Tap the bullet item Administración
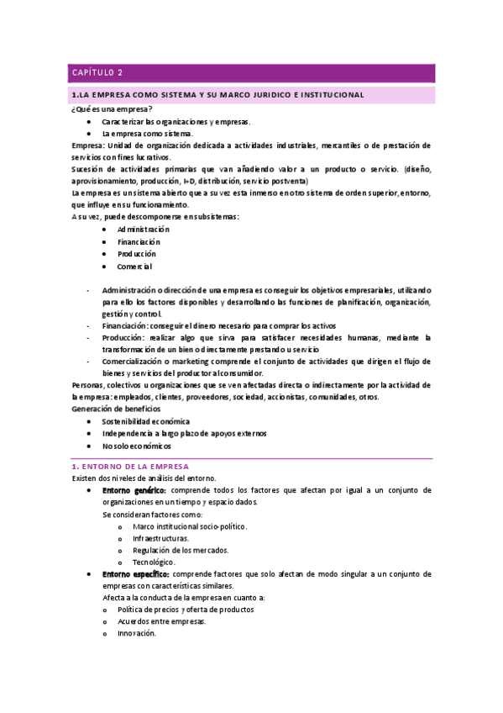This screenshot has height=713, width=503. pyautogui.click(x=143, y=229)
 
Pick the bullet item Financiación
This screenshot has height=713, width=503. pyautogui.click(x=139, y=241)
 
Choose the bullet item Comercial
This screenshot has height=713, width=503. pyautogui.click(x=134, y=267)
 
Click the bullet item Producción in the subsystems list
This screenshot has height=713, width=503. pyautogui.click(x=137, y=254)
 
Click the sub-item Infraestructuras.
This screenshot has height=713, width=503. pyautogui.click(x=160, y=538)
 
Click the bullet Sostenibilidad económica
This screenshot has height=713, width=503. pyautogui.click(x=145, y=421)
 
